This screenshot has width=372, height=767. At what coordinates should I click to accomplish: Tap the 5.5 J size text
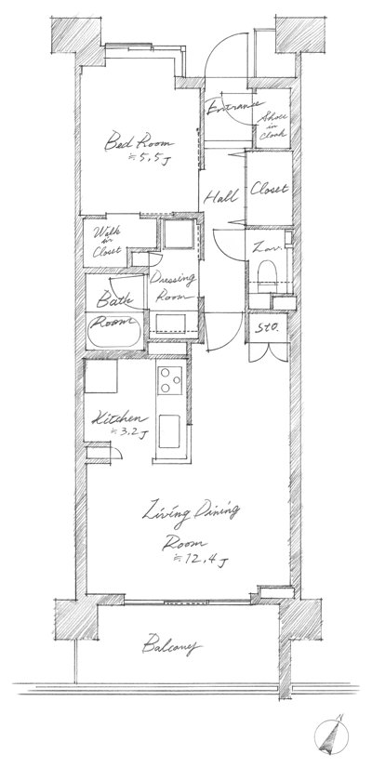(151, 161)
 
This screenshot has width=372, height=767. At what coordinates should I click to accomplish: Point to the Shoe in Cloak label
(275, 126)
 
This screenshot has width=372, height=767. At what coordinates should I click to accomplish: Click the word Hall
(220, 196)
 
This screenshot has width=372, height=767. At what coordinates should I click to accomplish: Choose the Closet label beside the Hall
(270, 189)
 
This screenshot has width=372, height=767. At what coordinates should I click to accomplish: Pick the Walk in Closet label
(104, 241)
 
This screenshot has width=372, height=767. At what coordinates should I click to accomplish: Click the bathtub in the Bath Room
(113, 332)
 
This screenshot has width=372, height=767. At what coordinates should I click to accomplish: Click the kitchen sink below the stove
(172, 431)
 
